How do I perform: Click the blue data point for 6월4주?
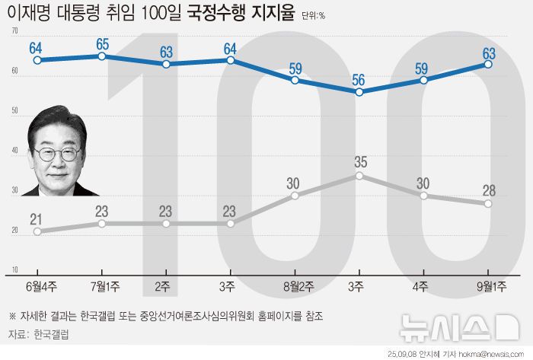(x=37, y=60)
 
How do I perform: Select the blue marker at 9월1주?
(x=488, y=65)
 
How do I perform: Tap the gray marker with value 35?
(x=359, y=176)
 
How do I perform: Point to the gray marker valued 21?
(x=37, y=231)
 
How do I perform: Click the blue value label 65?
(x=102, y=43)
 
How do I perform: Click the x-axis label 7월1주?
(x=101, y=285)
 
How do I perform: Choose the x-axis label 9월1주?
(x=487, y=285)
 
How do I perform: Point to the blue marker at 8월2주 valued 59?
(x=295, y=79)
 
